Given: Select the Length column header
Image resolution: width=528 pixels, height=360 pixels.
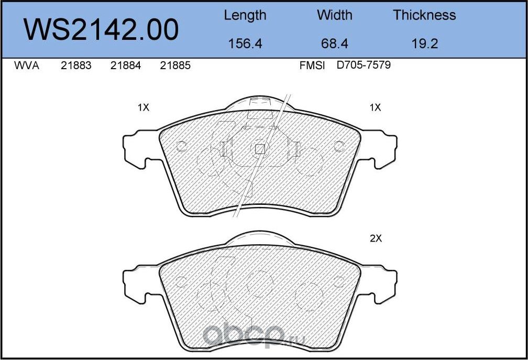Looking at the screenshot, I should tap(245, 15).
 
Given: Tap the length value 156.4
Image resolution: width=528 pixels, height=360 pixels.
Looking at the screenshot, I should tap(245, 43).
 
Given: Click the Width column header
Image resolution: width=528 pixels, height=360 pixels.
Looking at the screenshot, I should tap(335, 15).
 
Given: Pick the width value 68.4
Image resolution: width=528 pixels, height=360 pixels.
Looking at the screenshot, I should tap(335, 43).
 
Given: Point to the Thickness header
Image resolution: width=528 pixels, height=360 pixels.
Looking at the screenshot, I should tap(424, 15).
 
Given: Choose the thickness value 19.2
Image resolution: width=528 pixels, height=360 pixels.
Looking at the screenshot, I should tap(424, 43).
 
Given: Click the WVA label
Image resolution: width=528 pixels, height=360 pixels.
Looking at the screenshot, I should tap(26, 66).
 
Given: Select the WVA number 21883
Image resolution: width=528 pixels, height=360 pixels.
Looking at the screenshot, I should tap(76, 66).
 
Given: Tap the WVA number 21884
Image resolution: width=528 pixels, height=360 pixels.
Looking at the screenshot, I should tap(126, 66).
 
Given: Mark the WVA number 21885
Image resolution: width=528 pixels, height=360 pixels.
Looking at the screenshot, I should tap(175, 66).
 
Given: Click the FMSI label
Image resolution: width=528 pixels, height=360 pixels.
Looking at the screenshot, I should tap(312, 66).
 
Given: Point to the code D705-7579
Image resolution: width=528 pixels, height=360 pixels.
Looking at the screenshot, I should tap(364, 66).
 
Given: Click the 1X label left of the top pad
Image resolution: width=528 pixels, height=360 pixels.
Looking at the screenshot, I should tap(143, 107).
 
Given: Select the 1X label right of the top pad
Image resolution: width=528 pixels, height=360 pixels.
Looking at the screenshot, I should tap(375, 107).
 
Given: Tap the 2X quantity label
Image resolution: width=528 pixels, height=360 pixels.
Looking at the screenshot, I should tap(376, 238).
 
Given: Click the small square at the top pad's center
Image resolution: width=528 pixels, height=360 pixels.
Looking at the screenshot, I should tap(259, 149).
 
